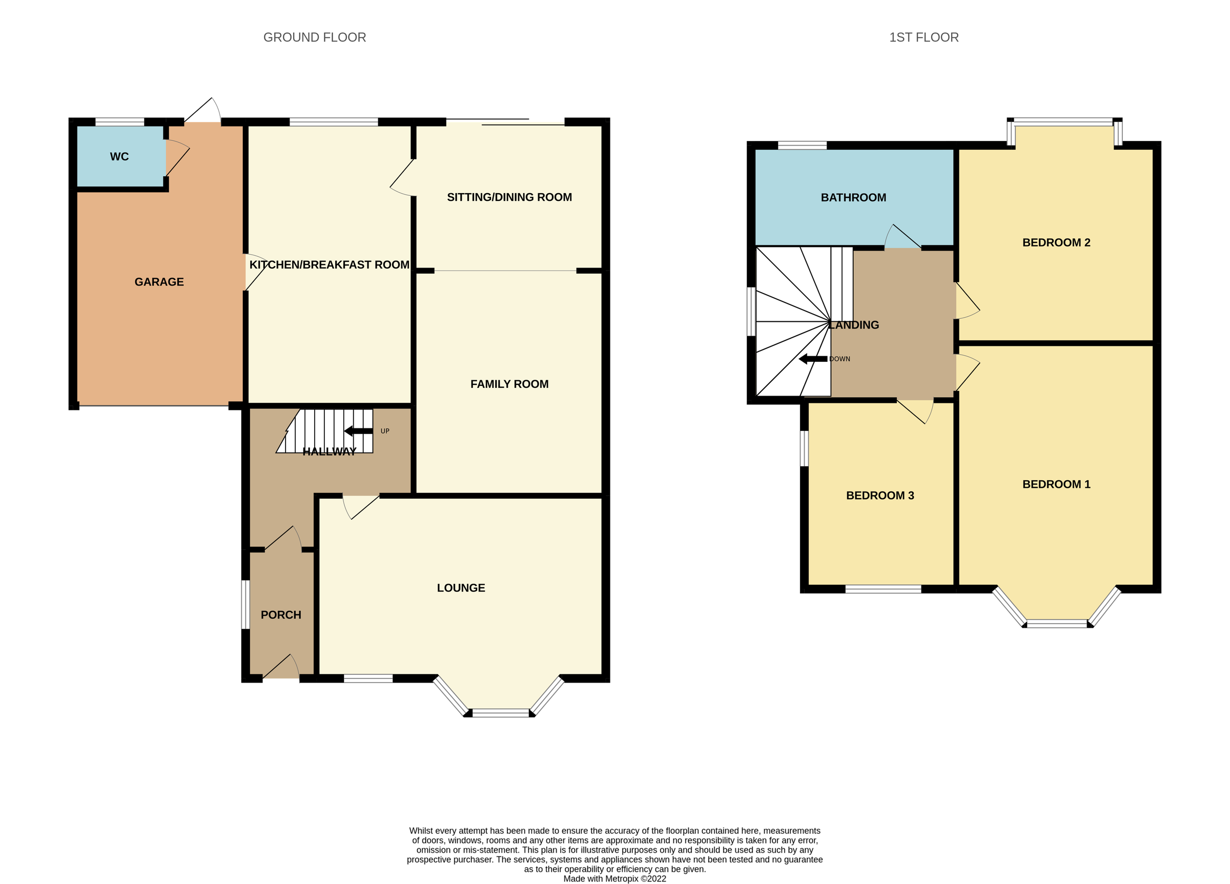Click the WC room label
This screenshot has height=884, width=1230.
(x=119, y=157)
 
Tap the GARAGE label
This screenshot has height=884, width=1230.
(x=159, y=282)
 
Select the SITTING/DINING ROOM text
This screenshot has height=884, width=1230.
(x=509, y=197)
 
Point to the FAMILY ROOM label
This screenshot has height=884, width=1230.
(x=509, y=384)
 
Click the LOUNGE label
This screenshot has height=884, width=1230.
(x=461, y=588)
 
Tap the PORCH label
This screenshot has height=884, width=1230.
(x=281, y=615)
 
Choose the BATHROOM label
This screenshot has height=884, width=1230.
(x=853, y=198)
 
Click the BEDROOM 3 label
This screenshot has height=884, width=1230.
(x=879, y=496)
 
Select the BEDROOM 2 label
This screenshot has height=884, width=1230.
(x=1056, y=243)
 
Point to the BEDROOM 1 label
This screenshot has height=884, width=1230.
(x=1056, y=484)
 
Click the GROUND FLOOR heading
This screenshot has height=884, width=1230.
(x=315, y=37)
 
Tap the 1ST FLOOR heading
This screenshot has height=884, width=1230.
(x=924, y=37)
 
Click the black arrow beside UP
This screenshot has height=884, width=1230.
(x=358, y=431)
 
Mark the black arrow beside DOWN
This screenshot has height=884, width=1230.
(x=812, y=359)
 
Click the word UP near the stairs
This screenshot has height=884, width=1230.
(x=385, y=431)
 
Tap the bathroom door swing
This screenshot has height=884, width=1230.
(x=903, y=238)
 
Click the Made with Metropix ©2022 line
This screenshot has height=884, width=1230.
(x=614, y=879)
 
